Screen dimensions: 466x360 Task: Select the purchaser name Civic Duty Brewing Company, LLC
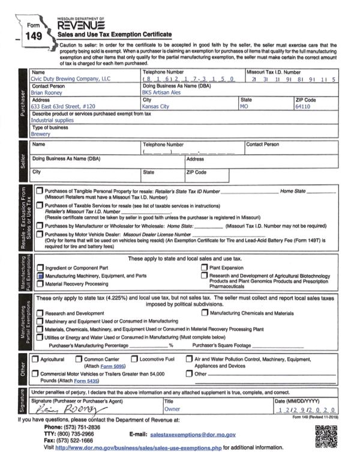click(71, 79)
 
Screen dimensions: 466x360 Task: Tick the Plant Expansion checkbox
click(204, 267)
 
